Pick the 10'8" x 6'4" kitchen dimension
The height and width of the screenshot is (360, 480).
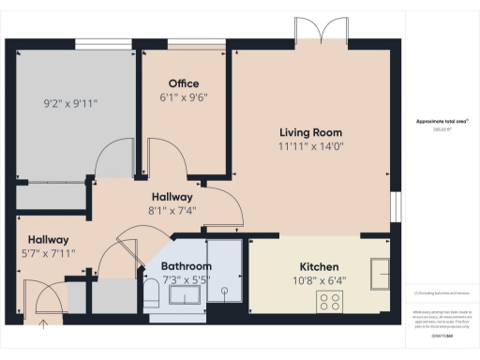pyautogui.click(x=320, y=279)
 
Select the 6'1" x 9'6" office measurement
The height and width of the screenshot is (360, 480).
pyautogui.click(x=184, y=96)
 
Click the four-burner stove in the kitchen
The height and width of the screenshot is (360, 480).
pyautogui.click(x=330, y=302)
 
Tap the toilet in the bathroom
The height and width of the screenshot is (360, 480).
pyautogui.click(x=153, y=296)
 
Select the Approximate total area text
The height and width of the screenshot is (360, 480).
pyautogui.click(x=441, y=122)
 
